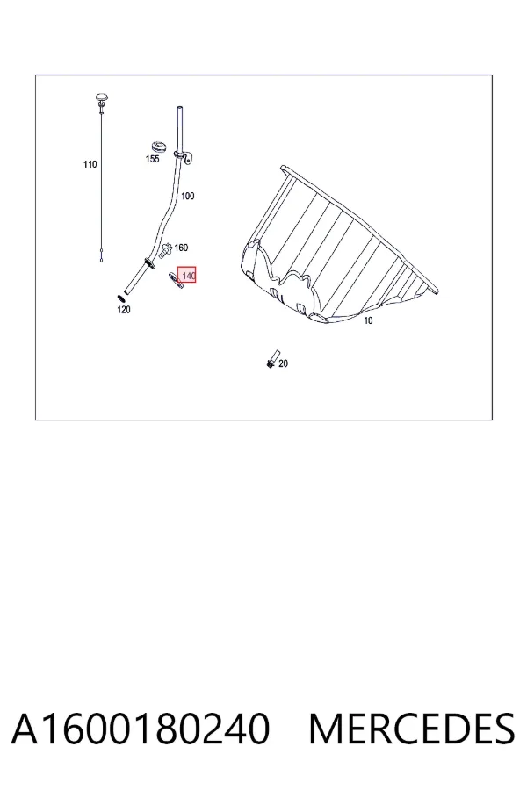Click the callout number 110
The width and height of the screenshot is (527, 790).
90,164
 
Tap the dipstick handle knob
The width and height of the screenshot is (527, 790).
103,97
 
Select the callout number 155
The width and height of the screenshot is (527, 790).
152,159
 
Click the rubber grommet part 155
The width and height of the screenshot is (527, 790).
159,147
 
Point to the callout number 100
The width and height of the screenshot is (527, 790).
188,196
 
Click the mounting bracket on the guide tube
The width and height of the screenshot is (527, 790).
188,158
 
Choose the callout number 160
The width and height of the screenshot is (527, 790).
181,248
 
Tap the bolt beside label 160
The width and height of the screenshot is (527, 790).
165,250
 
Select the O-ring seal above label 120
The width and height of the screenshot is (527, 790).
121,298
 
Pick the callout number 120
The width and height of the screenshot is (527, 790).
124,309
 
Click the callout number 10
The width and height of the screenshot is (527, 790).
368,321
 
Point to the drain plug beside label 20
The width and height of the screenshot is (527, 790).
272,358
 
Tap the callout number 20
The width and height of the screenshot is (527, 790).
284,363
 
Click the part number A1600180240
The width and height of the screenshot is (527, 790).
141,729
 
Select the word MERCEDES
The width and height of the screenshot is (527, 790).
412,729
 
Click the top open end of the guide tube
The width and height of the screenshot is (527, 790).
179,108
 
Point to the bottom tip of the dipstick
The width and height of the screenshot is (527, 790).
102,260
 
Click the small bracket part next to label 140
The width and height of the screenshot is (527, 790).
176,281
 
